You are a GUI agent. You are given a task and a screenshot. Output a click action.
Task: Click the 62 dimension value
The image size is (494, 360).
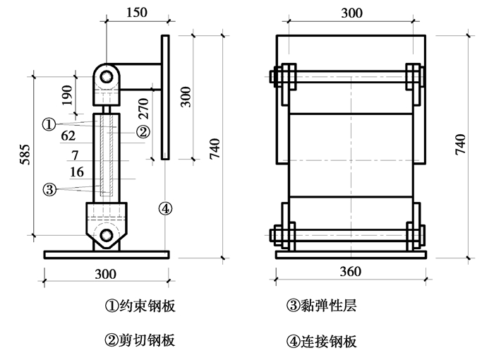pyautogui.click(x=68, y=136)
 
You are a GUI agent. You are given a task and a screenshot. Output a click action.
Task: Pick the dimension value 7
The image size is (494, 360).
pyautogui.click(x=75, y=155)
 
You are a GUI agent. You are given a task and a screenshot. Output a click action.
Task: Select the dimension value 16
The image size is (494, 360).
pyautogui.click(x=78, y=172)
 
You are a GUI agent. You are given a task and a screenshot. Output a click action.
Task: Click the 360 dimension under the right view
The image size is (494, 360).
pyautogui.click(x=350, y=272)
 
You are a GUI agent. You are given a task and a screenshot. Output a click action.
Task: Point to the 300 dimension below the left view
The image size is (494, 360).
pyautogui.click(x=107, y=273)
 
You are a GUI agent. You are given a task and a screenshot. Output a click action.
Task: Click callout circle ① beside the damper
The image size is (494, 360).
pyautogui.click(x=49, y=124)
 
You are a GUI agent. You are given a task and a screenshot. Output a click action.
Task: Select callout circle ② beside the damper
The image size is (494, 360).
pyautogui.click(x=142, y=131)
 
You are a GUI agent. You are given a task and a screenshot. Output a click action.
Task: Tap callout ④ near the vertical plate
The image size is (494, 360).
pyautogui.click(x=164, y=209)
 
